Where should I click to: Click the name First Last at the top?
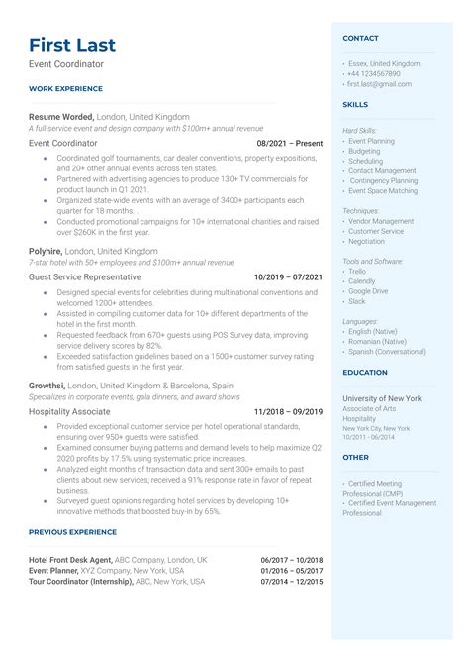click(x=72, y=45)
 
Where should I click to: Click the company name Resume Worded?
click(x=60, y=115)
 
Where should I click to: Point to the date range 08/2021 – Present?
click(x=289, y=143)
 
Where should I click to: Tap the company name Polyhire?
click(x=46, y=251)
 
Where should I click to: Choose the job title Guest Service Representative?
click(x=85, y=277)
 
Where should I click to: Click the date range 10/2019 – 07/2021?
click(x=288, y=277)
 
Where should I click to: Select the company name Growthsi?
click(x=47, y=385)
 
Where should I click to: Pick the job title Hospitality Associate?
click(x=70, y=411)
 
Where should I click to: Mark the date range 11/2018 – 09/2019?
click(x=288, y=411)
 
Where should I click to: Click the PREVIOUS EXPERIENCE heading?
click(x=73, y=531)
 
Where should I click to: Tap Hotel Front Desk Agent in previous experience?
click(x=70, y=559)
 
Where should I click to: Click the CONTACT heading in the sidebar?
click(x=360, y=38)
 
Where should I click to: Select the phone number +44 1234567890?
click(x=374, y=73)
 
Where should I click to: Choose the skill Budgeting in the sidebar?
click(x=365, y=151)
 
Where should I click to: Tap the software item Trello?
click(x=357, y=271)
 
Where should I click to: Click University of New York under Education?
click(x=382, y=398)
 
